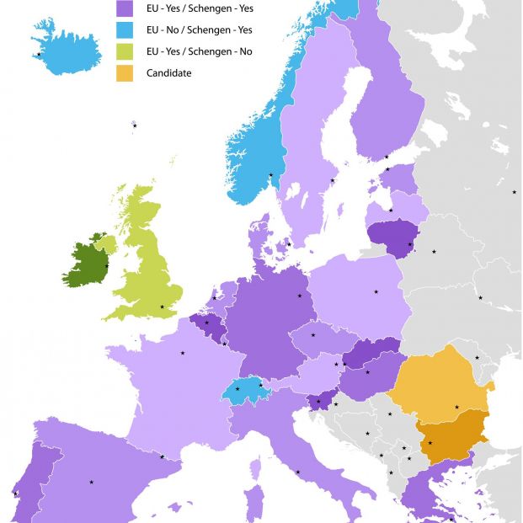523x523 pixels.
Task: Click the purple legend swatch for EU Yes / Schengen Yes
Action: (126, 8)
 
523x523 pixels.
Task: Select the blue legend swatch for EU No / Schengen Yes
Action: (126, 30)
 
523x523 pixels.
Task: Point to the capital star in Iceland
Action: (39, 55)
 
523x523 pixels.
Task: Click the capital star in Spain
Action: (91, 482)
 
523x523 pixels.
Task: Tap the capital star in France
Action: (182, 353)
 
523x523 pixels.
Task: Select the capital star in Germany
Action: (299, 296)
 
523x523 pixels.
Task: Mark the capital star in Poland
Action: (376, 292)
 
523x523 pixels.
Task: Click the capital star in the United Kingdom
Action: (163, 307)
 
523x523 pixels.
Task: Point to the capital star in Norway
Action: (270, 175)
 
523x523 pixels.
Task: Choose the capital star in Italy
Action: (297, 472)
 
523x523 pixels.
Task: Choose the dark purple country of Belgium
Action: (205, 325)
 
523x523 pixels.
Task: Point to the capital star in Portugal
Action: (15, 494)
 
